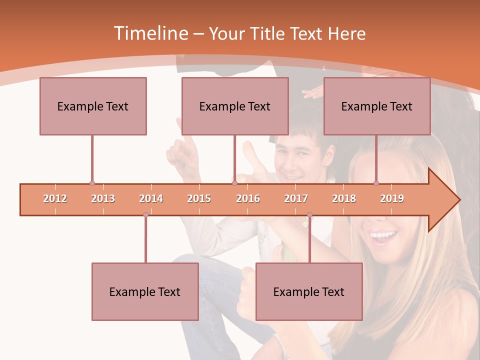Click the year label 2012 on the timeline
(x=55, y=198)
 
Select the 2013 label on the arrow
(x=103, y=198)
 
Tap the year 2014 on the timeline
(x=151, y=198)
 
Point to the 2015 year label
(x=199, y=198)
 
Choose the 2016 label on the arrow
(x=248, y=198)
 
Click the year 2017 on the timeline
(x=296, y=198)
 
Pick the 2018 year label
(x=344, y=198)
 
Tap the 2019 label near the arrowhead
(x=392, y=198)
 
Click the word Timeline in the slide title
(x=150, y=33)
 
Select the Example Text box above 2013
(x=93, y=106)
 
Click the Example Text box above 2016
(x=235, y=106)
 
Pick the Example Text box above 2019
(x=377, y=106)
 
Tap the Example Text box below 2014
(x=145, y=291)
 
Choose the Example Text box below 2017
(x=309, y=291)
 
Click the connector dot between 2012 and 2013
(x=92, y=183)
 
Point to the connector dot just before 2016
(x=234, y=183)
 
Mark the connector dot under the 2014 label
(x=145, y=215)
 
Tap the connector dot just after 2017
(x=309, y=215)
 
